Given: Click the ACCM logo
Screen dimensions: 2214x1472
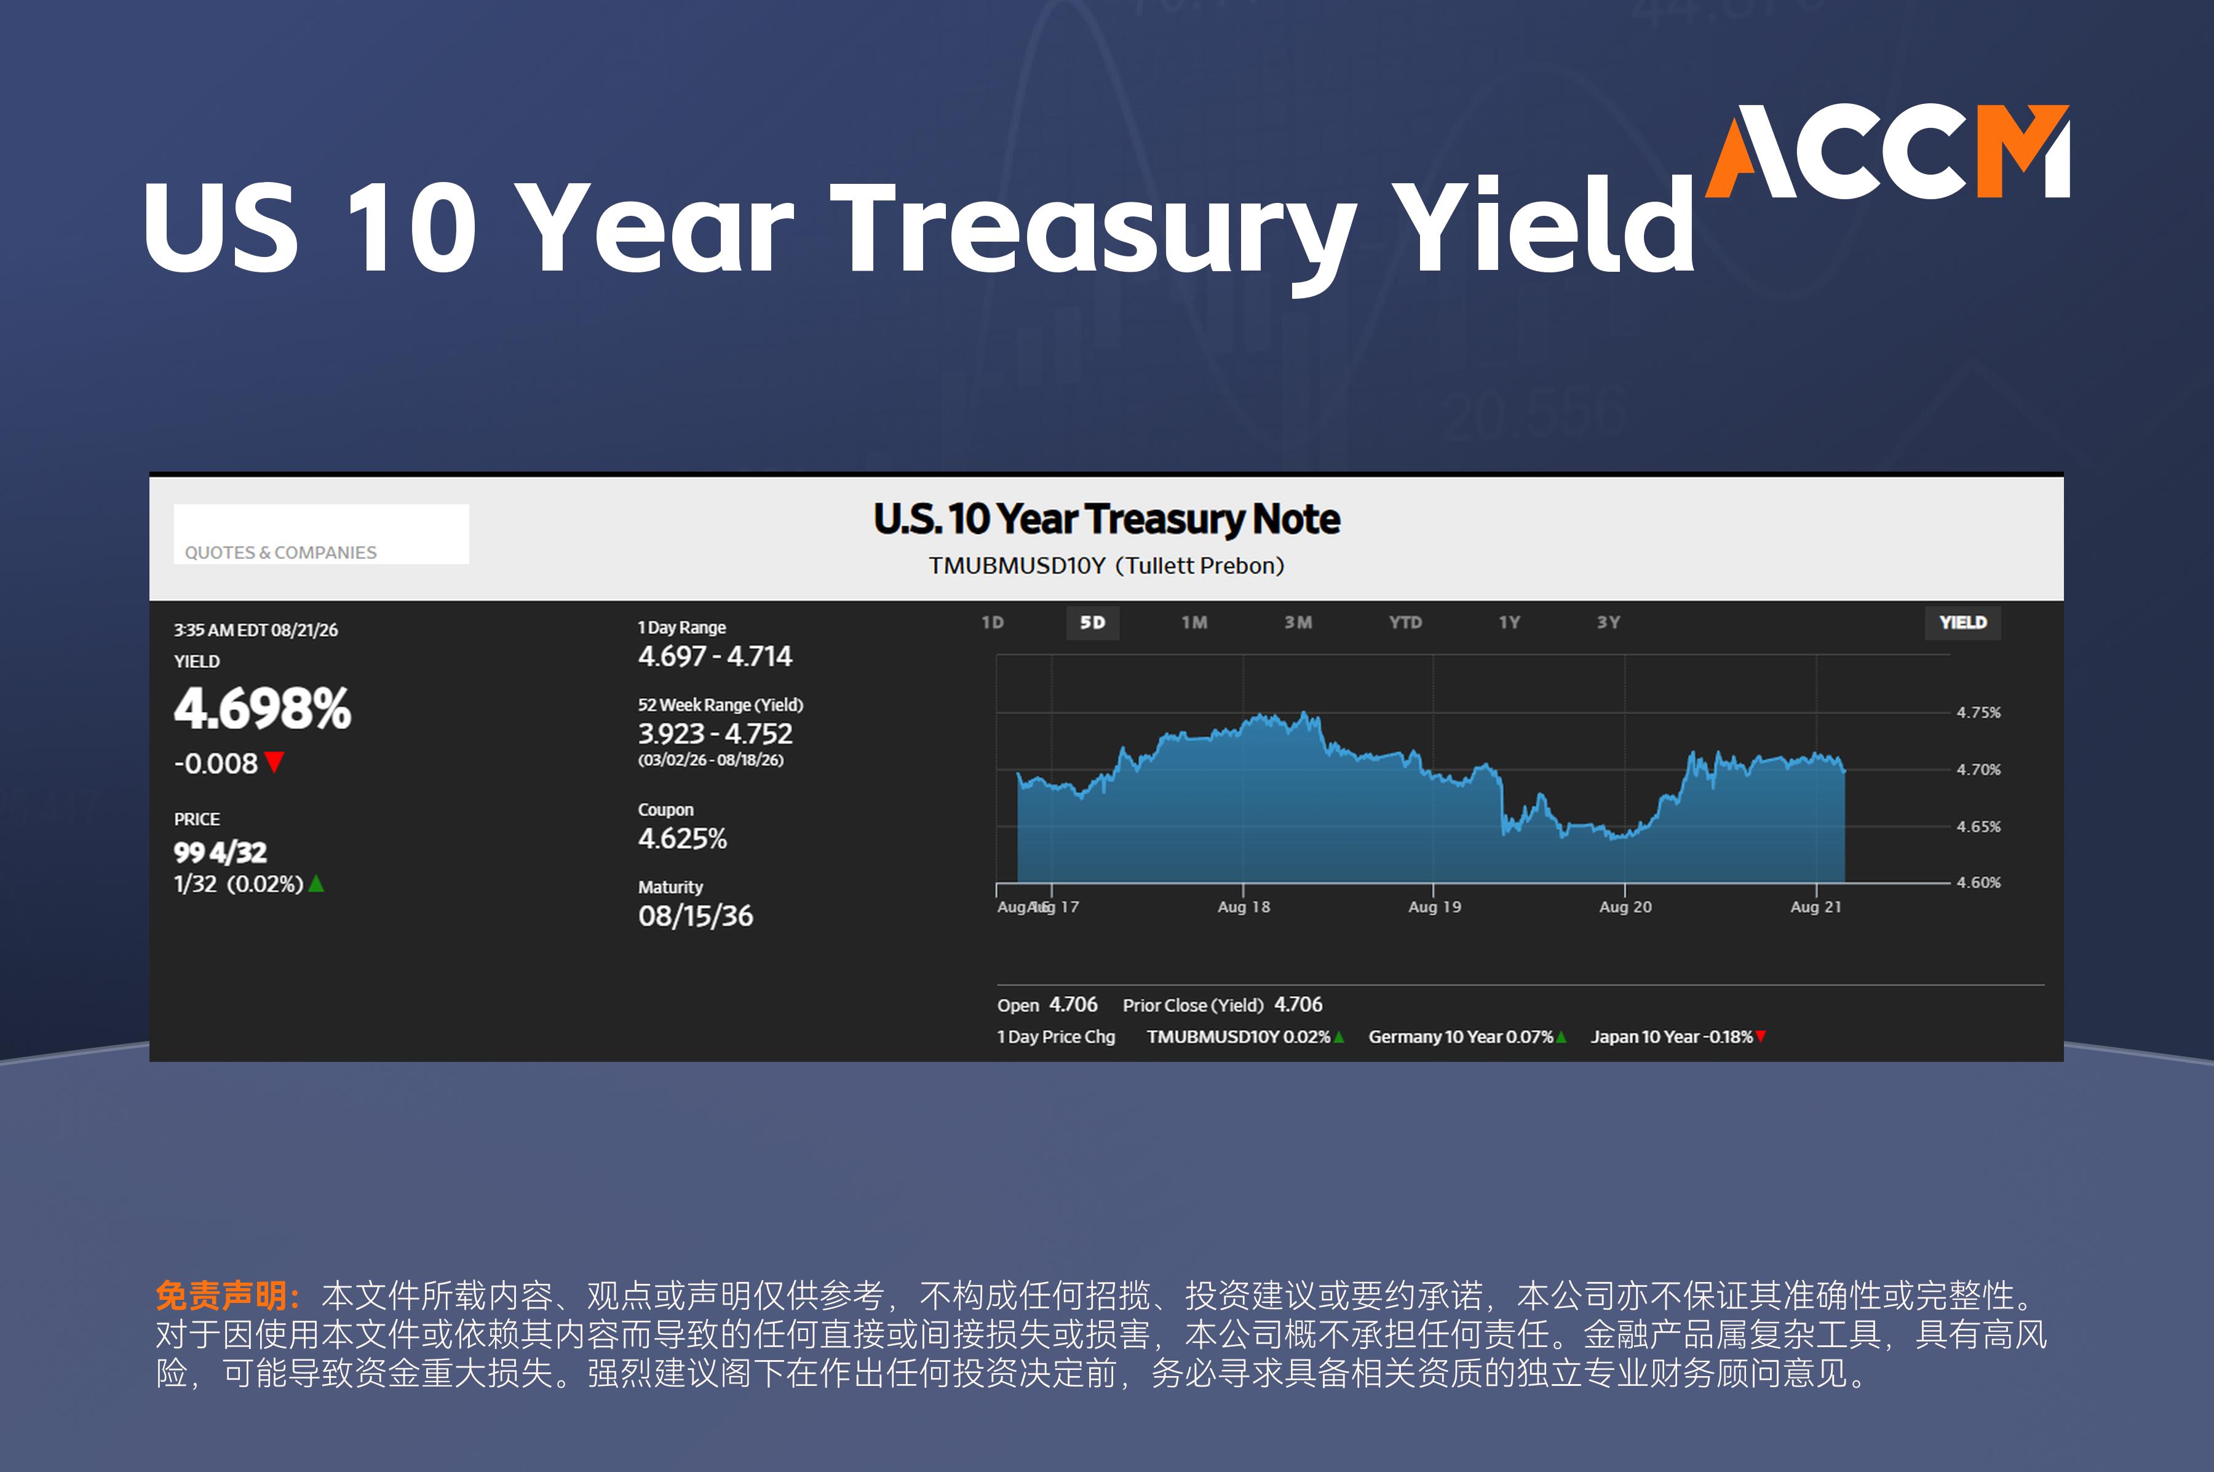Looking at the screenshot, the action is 1887,151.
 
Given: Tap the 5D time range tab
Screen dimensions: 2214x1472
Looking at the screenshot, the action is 1092,622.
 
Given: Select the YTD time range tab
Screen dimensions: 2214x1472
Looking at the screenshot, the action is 1405,622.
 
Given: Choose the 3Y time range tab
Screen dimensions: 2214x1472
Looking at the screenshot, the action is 1608,622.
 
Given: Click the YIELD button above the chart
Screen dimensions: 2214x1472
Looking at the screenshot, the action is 1962,622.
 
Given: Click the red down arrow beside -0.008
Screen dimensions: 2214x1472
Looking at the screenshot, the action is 274,761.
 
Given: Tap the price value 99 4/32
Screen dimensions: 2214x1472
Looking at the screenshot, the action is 221,852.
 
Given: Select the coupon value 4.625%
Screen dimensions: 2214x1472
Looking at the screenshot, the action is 683,838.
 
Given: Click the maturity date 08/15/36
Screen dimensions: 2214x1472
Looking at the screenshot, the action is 696,916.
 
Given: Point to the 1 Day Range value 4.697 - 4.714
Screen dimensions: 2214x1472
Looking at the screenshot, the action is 715,656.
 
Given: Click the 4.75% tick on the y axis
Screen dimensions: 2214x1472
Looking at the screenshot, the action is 1978,713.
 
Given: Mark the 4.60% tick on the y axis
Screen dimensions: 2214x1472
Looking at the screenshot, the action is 1978,882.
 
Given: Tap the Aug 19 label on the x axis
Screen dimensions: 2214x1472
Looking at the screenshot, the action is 1435,907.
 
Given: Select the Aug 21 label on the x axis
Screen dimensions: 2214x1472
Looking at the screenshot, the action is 1816,907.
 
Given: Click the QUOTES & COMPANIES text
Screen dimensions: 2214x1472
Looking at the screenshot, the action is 280,552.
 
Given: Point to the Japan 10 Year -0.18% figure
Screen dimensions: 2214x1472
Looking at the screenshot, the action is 1672,1037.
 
